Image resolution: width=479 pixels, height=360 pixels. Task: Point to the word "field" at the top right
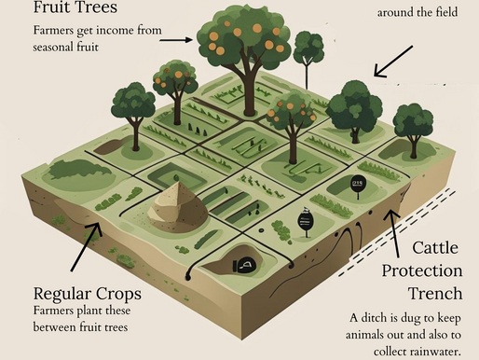[445, 13]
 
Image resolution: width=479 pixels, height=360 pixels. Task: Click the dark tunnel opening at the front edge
[246, 266]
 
